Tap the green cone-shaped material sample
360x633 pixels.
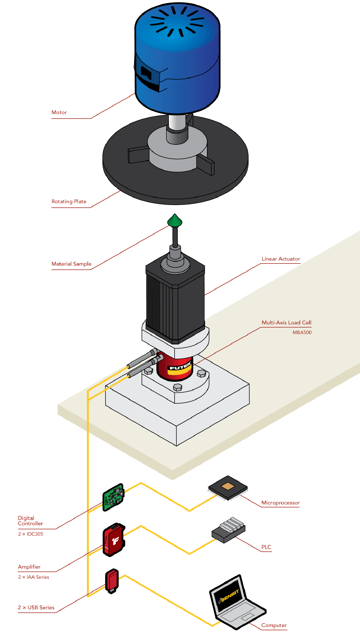175,221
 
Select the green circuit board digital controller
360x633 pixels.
113,497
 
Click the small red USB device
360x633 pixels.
112,580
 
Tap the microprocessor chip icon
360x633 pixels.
228,487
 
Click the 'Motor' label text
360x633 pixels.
59,113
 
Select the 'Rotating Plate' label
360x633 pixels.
69,201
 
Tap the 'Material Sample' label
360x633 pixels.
71,264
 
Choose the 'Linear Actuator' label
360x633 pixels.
281,259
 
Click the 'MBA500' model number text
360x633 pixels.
302,333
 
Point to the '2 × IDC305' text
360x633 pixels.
31,534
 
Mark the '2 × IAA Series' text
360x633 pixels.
34,577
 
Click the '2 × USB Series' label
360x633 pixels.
36,607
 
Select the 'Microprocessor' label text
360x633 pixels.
280,503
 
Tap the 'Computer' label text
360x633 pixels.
274,625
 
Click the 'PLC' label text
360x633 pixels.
266,547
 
